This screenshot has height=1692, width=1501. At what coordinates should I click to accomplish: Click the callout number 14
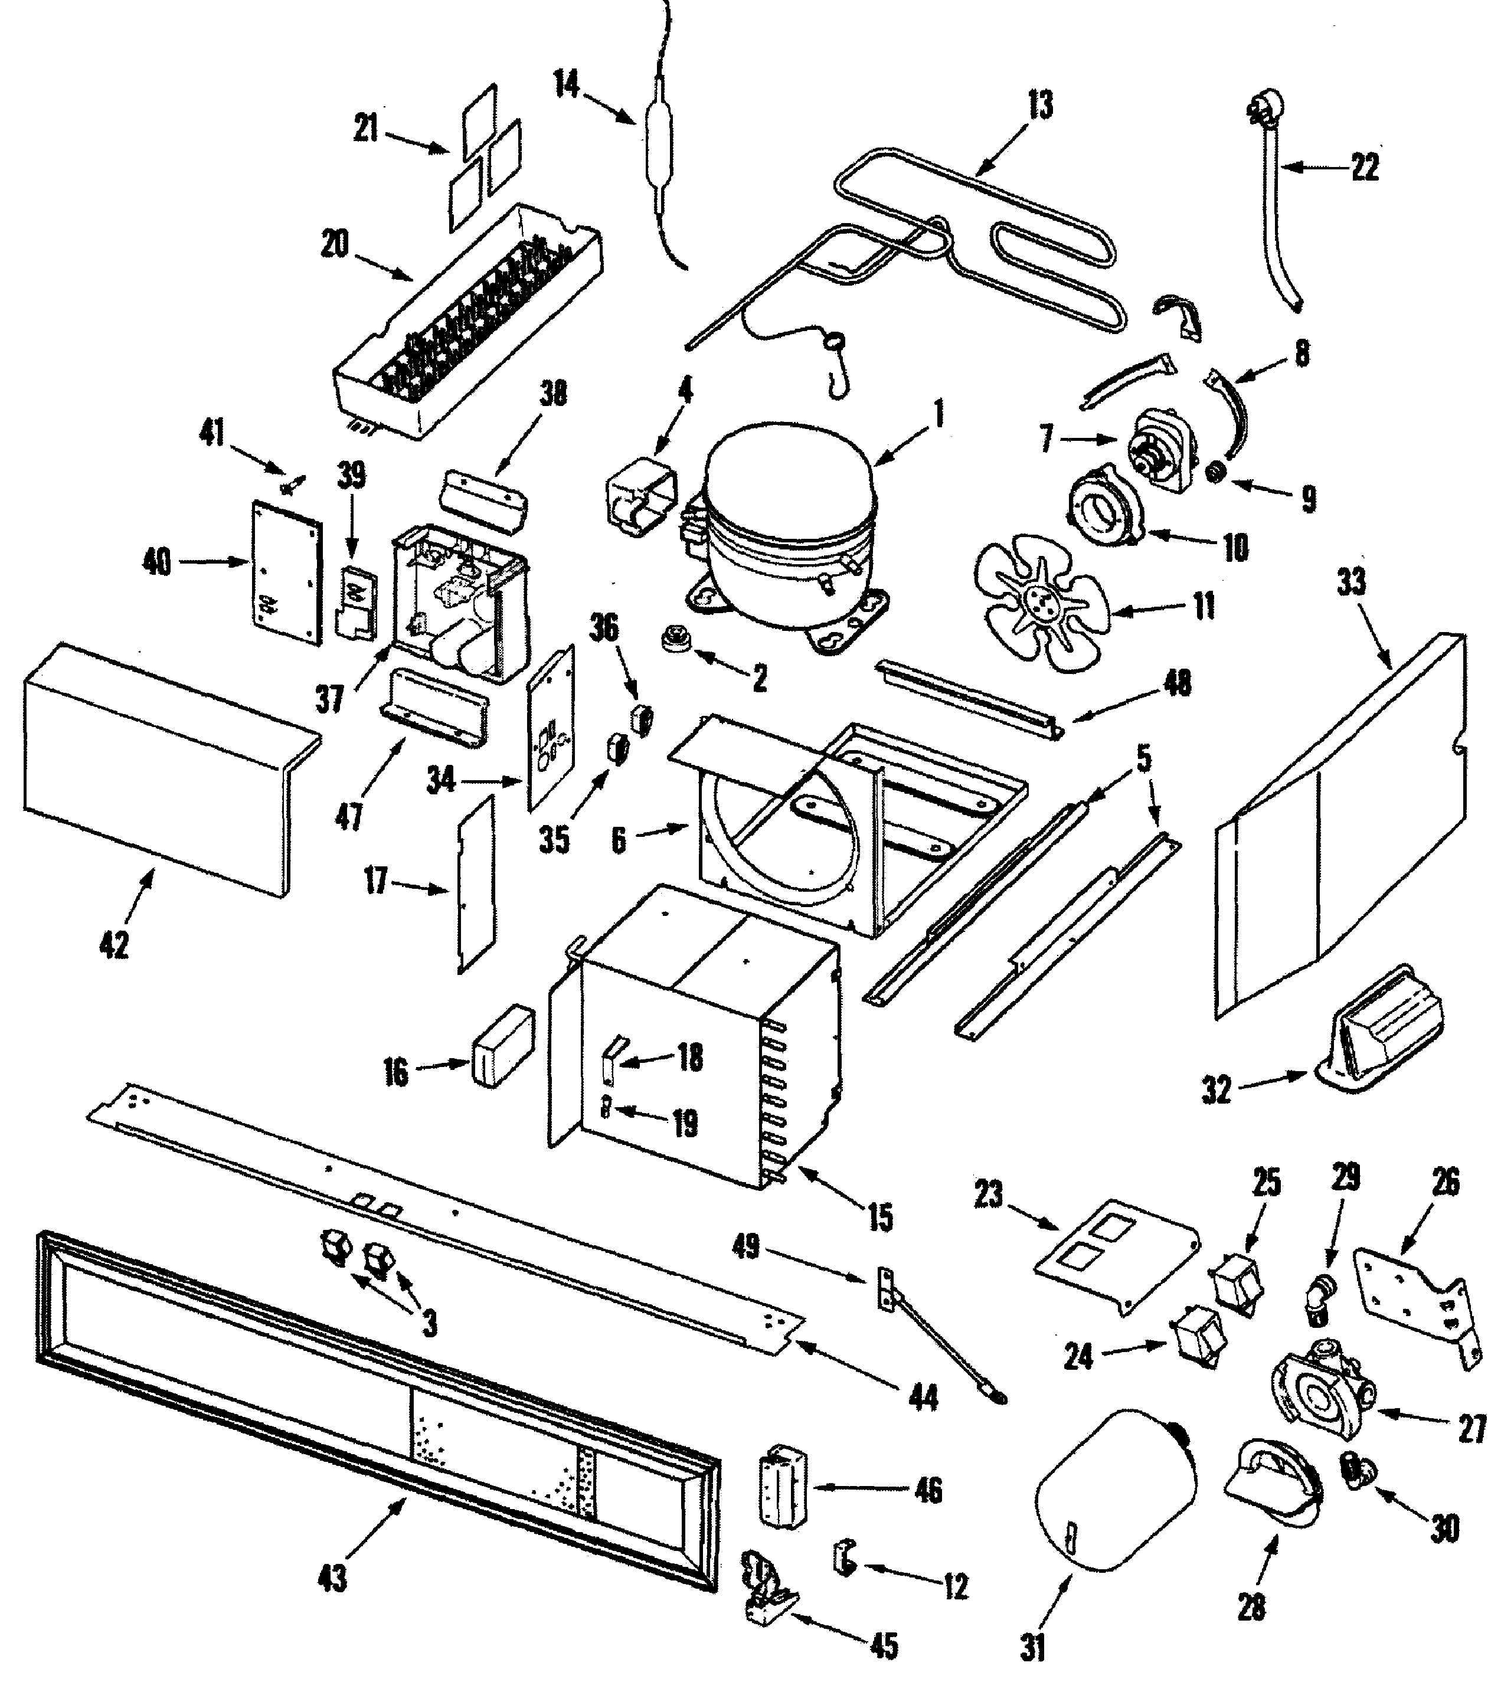[567, 84]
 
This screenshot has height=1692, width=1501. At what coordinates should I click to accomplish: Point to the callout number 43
[333, 1579]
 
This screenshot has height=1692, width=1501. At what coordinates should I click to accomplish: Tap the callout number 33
[1351, 582]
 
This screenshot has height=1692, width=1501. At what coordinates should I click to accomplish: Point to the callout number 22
[1365, 168]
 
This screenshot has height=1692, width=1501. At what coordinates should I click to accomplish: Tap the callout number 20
[335, 244]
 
